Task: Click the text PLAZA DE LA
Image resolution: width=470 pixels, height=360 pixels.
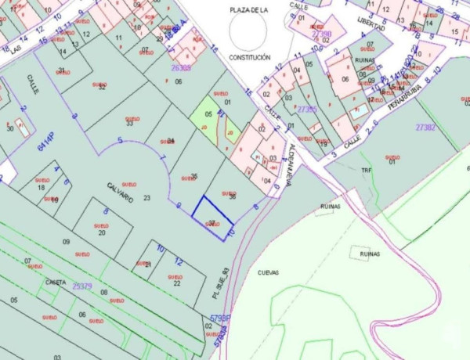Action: click(x=249, y=9)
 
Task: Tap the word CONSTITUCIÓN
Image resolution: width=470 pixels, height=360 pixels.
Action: click(x=250, y=57)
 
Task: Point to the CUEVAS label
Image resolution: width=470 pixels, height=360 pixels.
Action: click(x=269, y=272)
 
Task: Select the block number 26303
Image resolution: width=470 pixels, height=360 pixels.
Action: click(x=181, y=67)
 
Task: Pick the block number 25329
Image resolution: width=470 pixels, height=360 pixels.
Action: click(x=82, y=286)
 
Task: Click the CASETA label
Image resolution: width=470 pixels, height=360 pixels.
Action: click(x=56, y=282)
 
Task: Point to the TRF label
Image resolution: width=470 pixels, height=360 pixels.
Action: click(x=365, y=170)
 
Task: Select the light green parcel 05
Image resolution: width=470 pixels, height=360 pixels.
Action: click(x=207, y=117)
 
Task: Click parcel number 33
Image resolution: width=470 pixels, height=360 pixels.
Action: click(x=129, y=123)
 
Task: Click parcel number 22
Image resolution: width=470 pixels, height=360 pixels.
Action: click(x=176, y=283)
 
